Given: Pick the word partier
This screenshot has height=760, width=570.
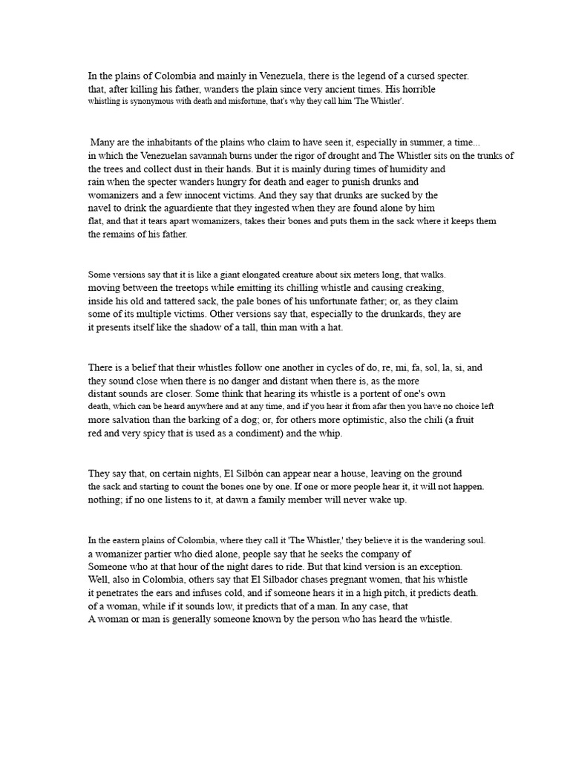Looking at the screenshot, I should point(168,553).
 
